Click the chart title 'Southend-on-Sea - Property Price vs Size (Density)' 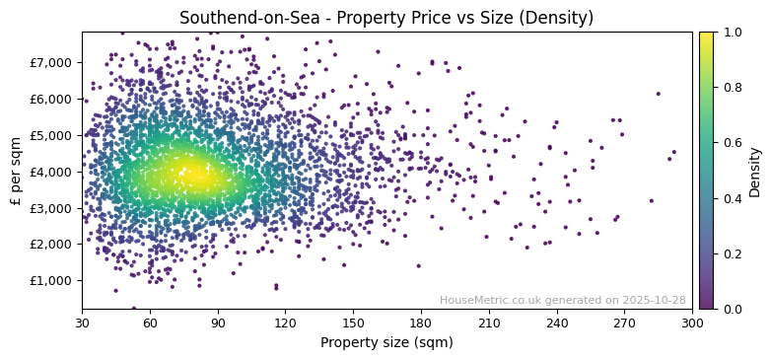(x=385, y=18)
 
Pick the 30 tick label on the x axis (x=82, y=323)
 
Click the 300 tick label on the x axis (x=692, y=323)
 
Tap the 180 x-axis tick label (x=421, y=323)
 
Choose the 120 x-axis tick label (x=285, y=323)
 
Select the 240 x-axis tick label (x=557, y=323)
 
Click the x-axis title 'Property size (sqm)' (x=386, y=342)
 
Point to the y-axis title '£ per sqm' (x=16, y=171)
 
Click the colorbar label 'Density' (x=754, y=171)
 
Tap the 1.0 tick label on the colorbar (x=732, y=33)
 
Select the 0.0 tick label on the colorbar (x=732, y=309)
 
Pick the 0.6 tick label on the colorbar (x=732, y=143)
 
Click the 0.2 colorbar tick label (x=732, y=253)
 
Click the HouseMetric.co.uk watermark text (x=562, y=300)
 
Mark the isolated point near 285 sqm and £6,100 (x=659, y=94)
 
